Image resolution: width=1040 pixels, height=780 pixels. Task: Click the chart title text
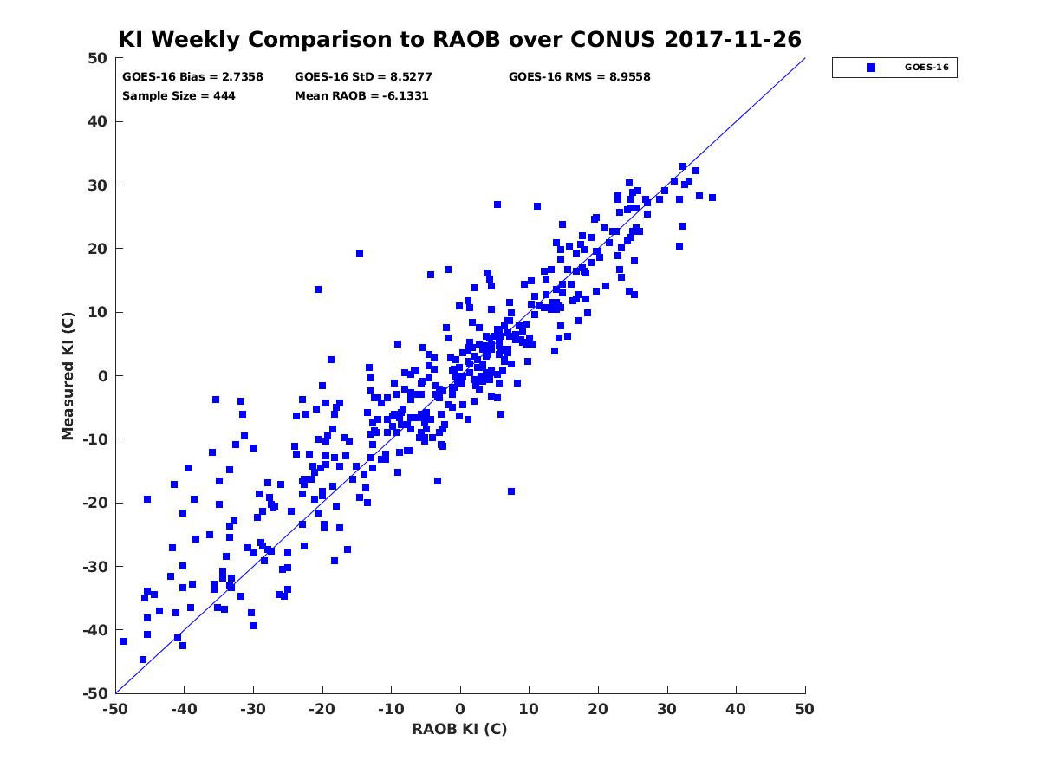(459, 39)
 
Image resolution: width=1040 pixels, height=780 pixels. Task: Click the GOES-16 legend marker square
(871, 68)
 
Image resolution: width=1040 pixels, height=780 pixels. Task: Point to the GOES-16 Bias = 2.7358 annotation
(192, 77)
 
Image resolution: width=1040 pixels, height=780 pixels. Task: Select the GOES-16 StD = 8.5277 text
(363, 77)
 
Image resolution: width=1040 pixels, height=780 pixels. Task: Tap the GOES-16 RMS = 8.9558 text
(579, 77)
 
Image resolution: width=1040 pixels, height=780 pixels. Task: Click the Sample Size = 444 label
(179, 96)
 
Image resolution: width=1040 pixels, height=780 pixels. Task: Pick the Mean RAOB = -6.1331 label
(361, 96)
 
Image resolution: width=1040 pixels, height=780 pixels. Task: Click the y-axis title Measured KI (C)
(68, 375)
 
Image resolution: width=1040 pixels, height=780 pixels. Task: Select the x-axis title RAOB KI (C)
(459, 729)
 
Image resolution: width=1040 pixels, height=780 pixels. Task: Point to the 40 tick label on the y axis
(98, 121)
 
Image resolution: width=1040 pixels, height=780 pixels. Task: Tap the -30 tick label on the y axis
(95, 567)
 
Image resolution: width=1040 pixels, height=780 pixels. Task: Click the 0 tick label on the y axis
(103, 376)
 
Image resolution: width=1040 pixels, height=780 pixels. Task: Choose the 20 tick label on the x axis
(598, 709)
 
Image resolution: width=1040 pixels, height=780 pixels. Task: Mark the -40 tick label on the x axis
(184, 709)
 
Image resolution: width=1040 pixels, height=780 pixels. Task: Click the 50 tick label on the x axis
(804, 709)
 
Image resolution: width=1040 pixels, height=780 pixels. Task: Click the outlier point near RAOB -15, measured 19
(360, 253)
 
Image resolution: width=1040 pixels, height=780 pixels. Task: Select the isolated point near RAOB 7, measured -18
(511, 491)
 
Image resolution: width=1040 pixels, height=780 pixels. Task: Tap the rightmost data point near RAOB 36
(712, 198)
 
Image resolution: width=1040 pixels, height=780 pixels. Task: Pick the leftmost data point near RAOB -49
(123, 641)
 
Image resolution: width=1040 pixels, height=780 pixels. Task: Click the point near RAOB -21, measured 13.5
(318, 289)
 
